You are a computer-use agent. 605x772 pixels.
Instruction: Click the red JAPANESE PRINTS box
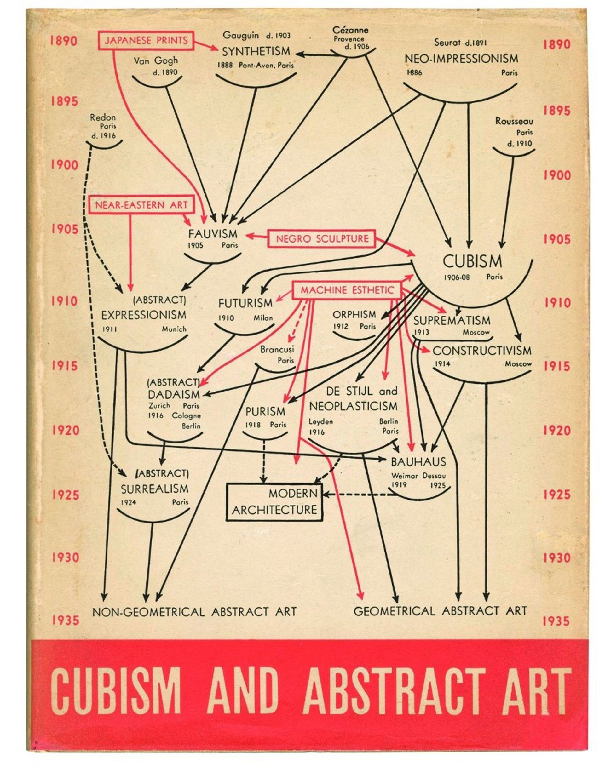[x=146, y=40]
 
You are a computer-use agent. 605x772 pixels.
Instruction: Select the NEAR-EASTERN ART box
[x=141, y=205]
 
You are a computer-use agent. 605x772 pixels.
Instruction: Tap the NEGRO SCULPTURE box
[x=322, y=238]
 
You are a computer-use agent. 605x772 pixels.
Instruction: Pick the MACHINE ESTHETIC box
[x=347, y=290]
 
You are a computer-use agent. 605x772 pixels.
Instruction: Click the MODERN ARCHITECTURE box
[x=274, y=502]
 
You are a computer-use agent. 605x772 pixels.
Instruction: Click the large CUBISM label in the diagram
[x=472, y=261]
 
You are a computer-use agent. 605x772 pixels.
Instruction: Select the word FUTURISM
[x=245, y=303]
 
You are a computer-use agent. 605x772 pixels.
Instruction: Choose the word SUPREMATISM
[x=452, y=321]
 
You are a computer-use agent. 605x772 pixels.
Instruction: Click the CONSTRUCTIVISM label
[x=482, y=351]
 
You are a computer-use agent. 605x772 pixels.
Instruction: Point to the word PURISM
[x=265, y=411]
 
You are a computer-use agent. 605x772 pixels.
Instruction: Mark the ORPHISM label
[x=354, y=314]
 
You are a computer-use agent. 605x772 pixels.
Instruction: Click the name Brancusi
[x=277, y=349]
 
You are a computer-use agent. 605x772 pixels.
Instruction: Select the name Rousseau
[x=514, y=121]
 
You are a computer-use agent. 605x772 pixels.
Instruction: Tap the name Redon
[x=103, y=117]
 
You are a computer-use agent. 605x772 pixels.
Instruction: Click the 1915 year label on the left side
[x=65, y=366]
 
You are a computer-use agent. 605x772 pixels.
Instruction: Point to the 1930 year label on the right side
[x=557, y=558]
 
